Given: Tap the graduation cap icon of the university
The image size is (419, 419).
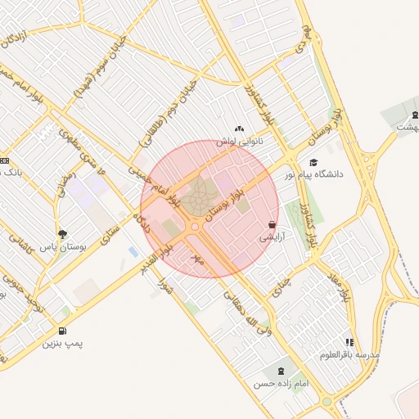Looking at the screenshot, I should click(x=313, y=162).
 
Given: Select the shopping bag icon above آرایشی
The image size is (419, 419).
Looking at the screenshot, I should click(x=272, y=224).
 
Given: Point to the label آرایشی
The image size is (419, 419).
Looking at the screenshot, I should click(x=273, y=237).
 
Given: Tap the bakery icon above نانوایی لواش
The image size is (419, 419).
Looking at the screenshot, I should click(x=239, y=128).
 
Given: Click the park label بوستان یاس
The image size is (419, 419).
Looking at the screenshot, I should click(x=63, y=246).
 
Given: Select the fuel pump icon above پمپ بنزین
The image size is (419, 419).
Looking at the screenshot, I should click(x=62, y=331).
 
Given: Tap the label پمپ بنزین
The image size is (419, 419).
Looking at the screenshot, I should click(x=64, y=345).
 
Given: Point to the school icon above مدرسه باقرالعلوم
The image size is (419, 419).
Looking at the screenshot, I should click(x=349, y=343).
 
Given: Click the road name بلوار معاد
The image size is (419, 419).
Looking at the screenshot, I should click(x=345, y=285).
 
